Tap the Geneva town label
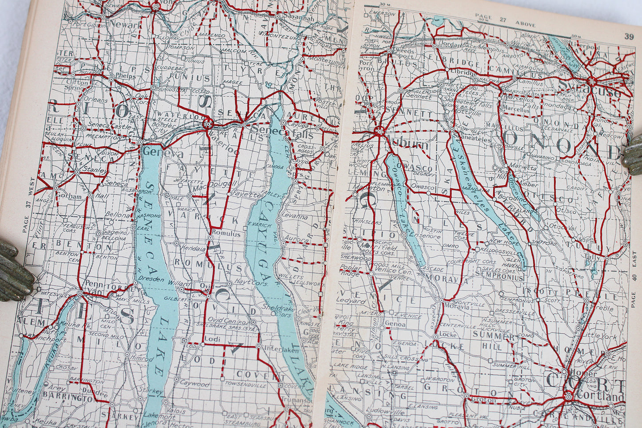click(157, 153)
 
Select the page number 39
click(628, 37)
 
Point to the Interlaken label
click(276, 349)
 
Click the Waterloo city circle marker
click(207, 124)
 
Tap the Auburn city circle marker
click(379, 131)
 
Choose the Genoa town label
click(395, 324)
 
